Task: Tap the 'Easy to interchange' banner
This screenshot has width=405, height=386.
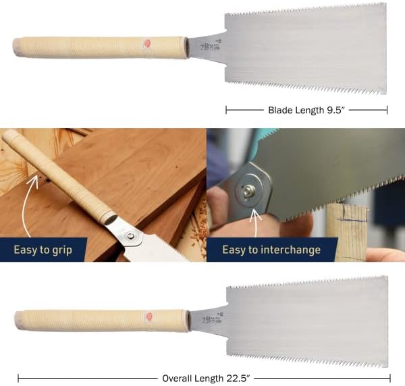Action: click(271, 250)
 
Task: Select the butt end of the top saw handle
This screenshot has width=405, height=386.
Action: click(16, 47)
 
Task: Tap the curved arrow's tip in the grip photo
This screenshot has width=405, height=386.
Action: click(34, 177)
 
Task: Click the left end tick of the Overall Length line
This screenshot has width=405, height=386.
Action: click(18, 379)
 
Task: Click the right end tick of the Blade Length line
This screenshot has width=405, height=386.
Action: click(387, 109)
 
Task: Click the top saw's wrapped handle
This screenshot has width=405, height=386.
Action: click(101, 47)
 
